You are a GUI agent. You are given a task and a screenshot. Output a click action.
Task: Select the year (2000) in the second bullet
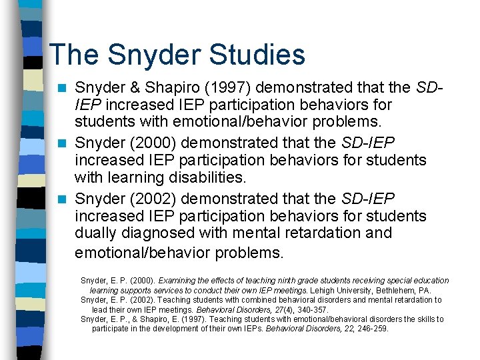point(154,143)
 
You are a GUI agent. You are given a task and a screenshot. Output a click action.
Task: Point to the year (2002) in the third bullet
point(154,199)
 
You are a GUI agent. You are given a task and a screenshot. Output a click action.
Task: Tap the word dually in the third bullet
point(97,233)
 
